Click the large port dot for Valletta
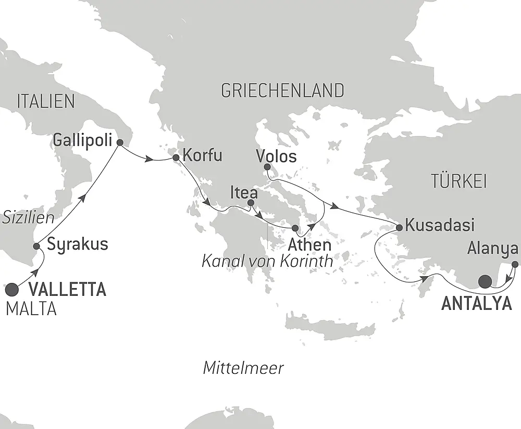(13, 288)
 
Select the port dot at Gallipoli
(119, 141)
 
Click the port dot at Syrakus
(36, 246)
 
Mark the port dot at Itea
(251, 202)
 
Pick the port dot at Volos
(267, 167)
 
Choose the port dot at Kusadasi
(399, 227)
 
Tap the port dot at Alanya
(515, 264)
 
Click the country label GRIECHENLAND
(282, 90)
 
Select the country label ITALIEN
(46, 101)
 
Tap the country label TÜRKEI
(458, 181)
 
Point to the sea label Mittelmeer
(243, 368)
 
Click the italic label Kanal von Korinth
(267, 261)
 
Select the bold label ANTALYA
(476, 304)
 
